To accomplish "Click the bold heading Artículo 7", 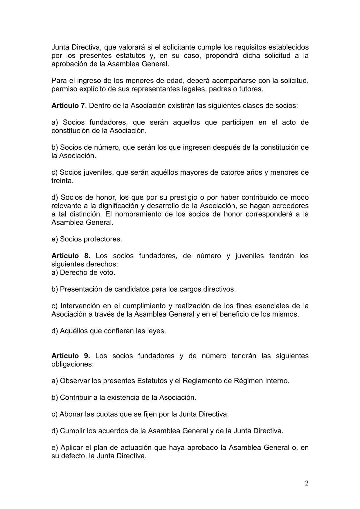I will coord(68,106).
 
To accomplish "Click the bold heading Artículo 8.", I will coord(71,256).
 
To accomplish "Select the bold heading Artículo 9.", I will coord(71,356).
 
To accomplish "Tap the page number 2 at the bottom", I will coord(307,483).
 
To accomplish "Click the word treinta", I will coord(62,181).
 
